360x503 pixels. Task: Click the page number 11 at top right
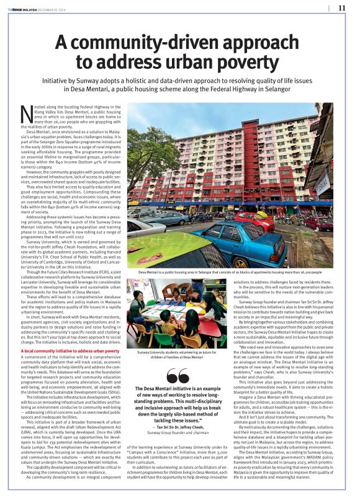(x=341, y=7)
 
